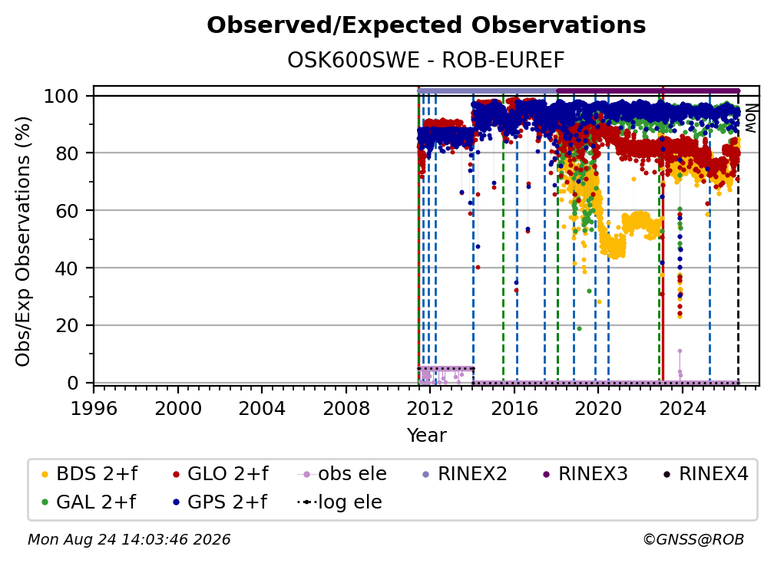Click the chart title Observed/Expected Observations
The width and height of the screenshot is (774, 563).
click(x=426, y=25)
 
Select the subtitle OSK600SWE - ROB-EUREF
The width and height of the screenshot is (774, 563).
click(x=426, y=61)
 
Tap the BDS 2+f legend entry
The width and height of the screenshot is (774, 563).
click(x=89, y=474)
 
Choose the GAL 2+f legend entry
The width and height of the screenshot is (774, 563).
click(x=88, y=502)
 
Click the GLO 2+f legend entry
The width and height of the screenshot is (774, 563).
click(x=220, y=474)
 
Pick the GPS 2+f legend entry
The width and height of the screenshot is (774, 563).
click(x=220, y=502)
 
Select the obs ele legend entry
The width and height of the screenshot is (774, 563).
click(x=342, y=474)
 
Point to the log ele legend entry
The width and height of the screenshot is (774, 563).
click(x=339, y=502)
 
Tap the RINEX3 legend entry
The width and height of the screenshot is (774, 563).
click(x=585, y=474)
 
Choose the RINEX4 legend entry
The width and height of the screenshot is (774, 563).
click(x=706, y=474)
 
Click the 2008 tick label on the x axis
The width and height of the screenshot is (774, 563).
click(x=346, y=409)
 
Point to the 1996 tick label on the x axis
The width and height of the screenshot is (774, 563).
click(x=94, y=409)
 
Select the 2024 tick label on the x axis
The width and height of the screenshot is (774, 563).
click(x=682, y=409)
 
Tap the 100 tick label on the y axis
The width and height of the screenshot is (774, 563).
click(x=61, y=96)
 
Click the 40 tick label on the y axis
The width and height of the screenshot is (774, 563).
click(x=67, y=268)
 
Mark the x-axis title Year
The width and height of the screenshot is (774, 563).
click(x=426, y=436)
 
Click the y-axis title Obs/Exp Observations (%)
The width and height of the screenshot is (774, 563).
click(x=23, y=242)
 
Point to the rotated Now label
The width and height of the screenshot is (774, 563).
click(x=750, y=118)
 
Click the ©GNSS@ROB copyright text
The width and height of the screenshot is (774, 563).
click(x=693, y=540)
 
